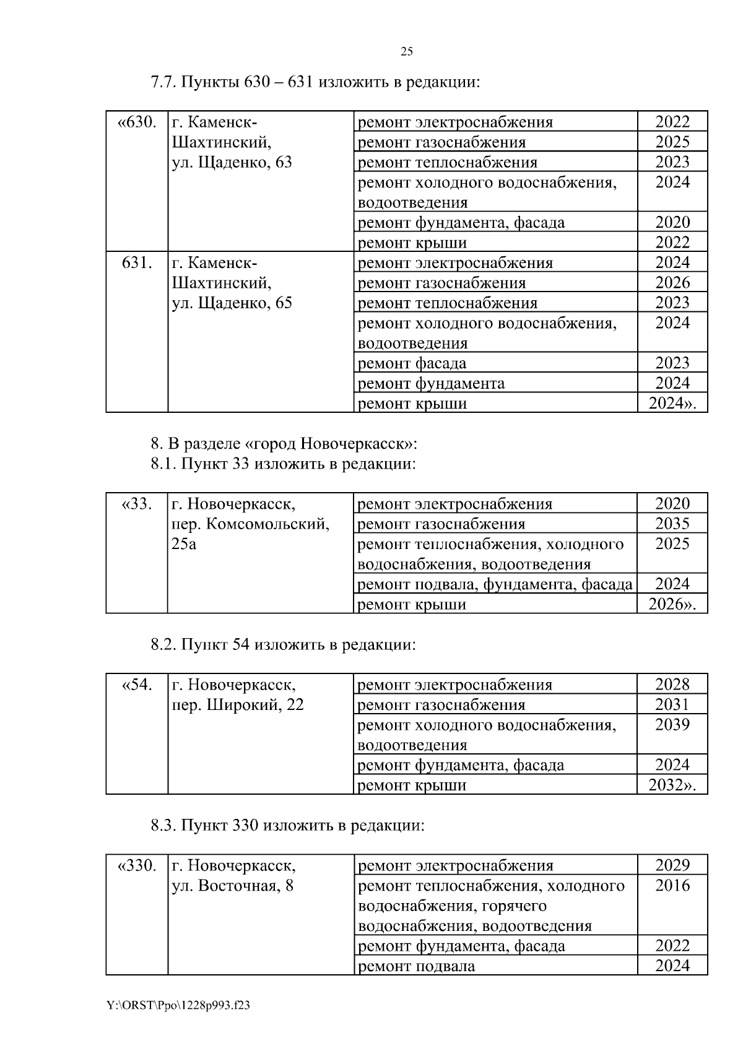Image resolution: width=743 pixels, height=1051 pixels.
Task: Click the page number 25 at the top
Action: [407, 52]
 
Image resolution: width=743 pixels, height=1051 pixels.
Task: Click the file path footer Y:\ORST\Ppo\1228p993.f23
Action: [178, 1006]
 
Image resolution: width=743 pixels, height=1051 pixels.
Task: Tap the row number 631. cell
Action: [137, 262]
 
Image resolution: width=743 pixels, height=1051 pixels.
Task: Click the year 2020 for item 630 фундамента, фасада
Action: [672, 222]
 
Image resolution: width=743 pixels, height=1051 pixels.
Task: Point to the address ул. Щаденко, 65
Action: [231, 303]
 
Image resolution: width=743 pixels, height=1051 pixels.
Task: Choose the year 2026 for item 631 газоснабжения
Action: [672, 283]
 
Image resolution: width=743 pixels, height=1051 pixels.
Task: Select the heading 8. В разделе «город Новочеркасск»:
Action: [284, 444]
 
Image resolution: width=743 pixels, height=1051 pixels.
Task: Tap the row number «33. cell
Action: [137, 504]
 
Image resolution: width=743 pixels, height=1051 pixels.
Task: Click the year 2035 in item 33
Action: [672, 524]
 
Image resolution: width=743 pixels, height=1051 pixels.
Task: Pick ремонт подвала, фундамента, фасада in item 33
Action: [495, 584]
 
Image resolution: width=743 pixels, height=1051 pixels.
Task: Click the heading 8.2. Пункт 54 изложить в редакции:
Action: [283, 645]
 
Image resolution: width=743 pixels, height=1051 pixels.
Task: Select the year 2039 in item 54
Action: [672, 725]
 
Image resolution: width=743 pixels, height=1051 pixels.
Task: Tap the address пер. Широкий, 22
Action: [237, 705]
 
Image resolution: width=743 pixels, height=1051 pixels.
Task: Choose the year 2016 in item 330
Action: [672, 886]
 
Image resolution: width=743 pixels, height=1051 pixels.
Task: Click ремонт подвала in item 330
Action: [417, 966]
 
